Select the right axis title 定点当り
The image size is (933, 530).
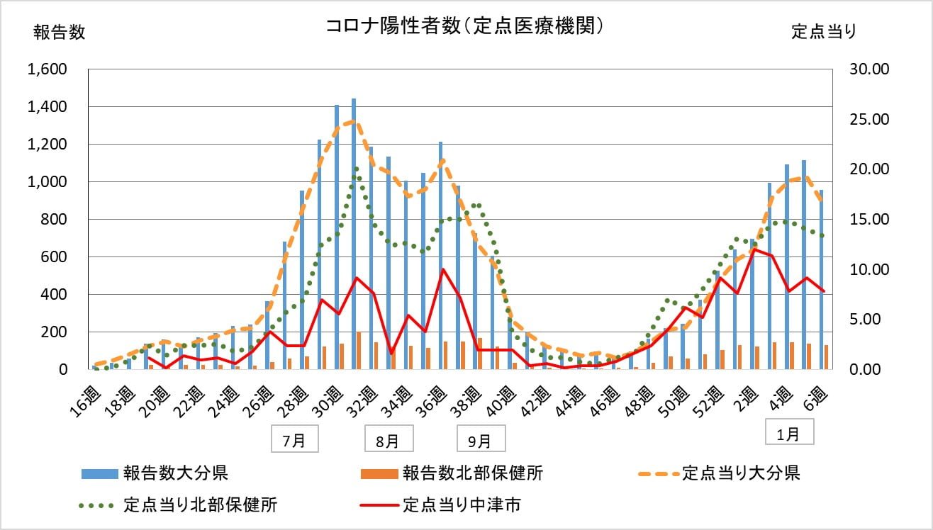click(x=824, y=32)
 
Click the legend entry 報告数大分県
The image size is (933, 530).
click(x=174, y=473)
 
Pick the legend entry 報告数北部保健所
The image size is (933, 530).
click(x=472, y=473)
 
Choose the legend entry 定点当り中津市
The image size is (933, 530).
click(x=462, y=505)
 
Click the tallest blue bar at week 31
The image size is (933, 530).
click(x=354, y=234)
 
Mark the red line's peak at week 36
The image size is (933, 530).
click(x=442, y=269)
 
